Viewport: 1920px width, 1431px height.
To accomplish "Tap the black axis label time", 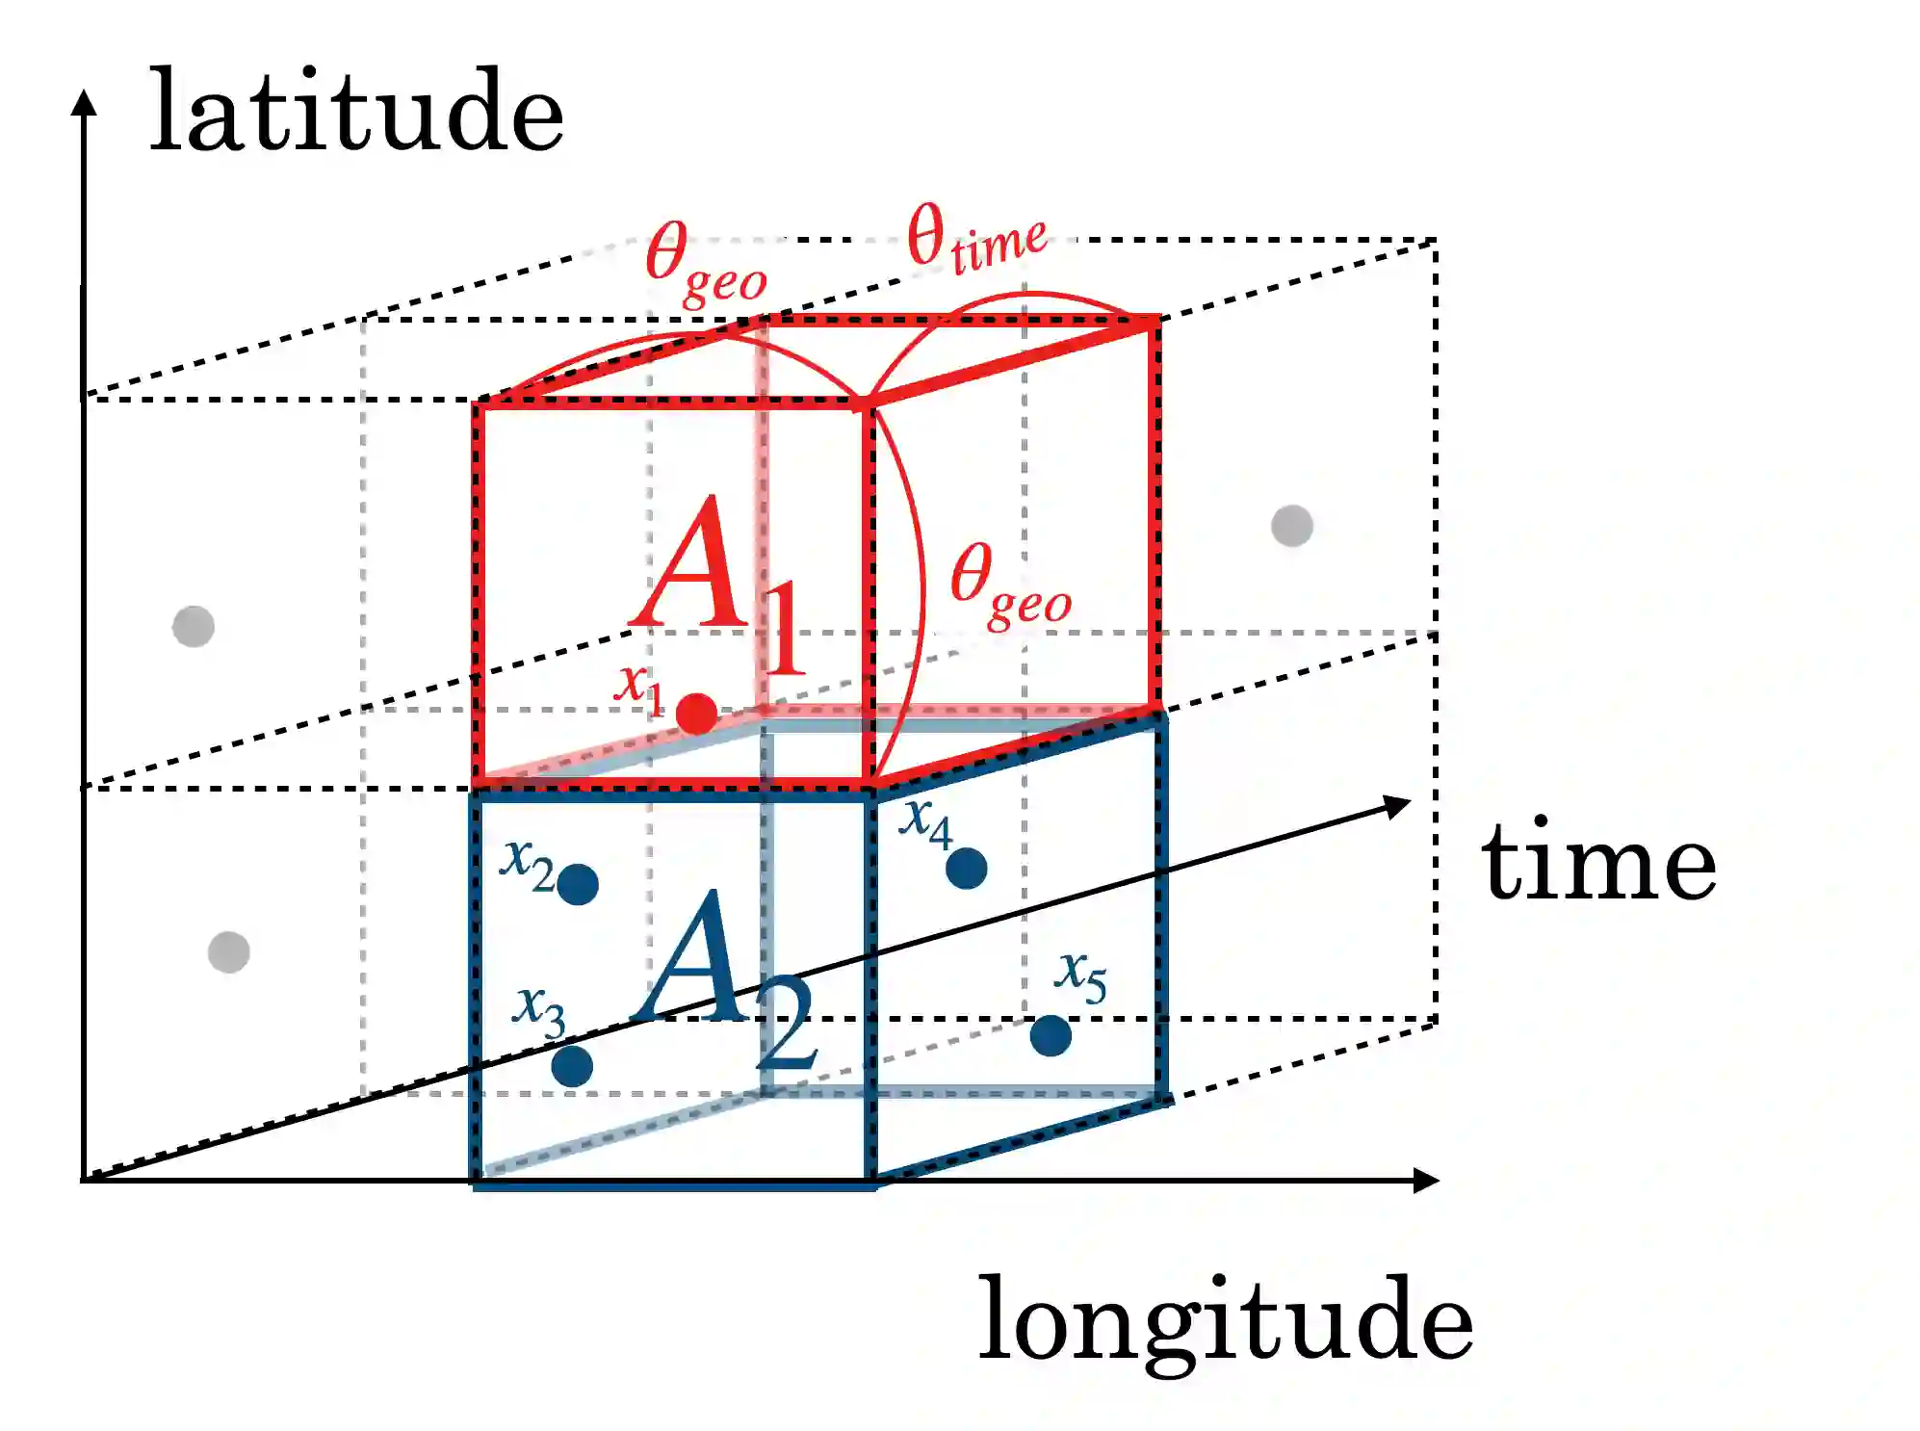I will click(1598, 863).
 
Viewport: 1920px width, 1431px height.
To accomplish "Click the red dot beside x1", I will click(696, 714).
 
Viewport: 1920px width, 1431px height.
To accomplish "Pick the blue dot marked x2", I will click(578, 884).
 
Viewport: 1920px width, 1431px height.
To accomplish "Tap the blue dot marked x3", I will click(572, 1066).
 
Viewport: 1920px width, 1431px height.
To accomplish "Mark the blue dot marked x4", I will click(966, 869).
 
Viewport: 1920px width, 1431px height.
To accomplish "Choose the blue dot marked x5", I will click(1050, 1036).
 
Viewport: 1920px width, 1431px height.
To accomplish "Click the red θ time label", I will click(974, 238).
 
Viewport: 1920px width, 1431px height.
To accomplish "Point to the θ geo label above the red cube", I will click(705, 262).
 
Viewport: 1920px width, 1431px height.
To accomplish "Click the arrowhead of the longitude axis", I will click(1427, 1180).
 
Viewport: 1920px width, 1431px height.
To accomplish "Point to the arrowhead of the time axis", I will click(1397, 805).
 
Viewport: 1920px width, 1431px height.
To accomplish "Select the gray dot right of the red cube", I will click(1291, 526).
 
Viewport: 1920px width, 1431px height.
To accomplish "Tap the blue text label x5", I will click(1080, 976).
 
